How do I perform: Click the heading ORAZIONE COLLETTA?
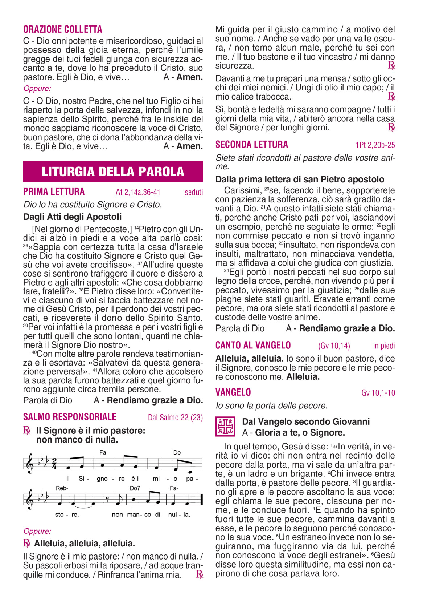pos(63,29)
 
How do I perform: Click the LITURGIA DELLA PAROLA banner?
pos(113,172)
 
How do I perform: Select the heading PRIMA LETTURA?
pos(54,192)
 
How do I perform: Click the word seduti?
pos(194,193)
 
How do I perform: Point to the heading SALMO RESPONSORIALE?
pos(70,417)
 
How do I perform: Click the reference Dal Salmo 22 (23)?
pos(175,418)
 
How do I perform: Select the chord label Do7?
pos(135,488)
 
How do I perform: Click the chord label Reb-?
pos(62,488)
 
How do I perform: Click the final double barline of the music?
pos(201,500)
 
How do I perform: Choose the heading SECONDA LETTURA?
pos(252,145)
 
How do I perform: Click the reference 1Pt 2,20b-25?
pos(375,145)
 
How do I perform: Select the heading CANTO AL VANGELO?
pos(253,345)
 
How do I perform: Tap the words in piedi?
pos(384,346)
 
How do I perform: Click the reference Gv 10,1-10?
pos(378,393)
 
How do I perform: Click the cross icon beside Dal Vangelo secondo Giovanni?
pos(225,427)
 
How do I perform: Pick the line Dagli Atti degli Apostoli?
pos(73,217)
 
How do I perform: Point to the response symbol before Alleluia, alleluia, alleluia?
pos(26,543)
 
